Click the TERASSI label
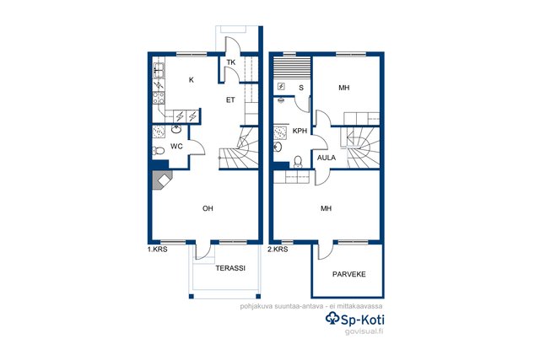230,268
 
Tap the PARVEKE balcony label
348,274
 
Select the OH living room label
208,208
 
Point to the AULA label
327,158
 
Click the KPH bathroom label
300,132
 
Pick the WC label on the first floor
176,147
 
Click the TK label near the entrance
231,62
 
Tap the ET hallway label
230,100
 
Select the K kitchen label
192,80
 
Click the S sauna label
301,88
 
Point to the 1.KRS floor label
158,250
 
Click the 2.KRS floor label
278,250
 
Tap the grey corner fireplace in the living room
162,180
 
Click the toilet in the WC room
159,151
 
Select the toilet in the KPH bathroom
298,162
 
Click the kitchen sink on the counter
159,71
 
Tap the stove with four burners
159,98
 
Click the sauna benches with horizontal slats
292,69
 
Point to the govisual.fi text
364,331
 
